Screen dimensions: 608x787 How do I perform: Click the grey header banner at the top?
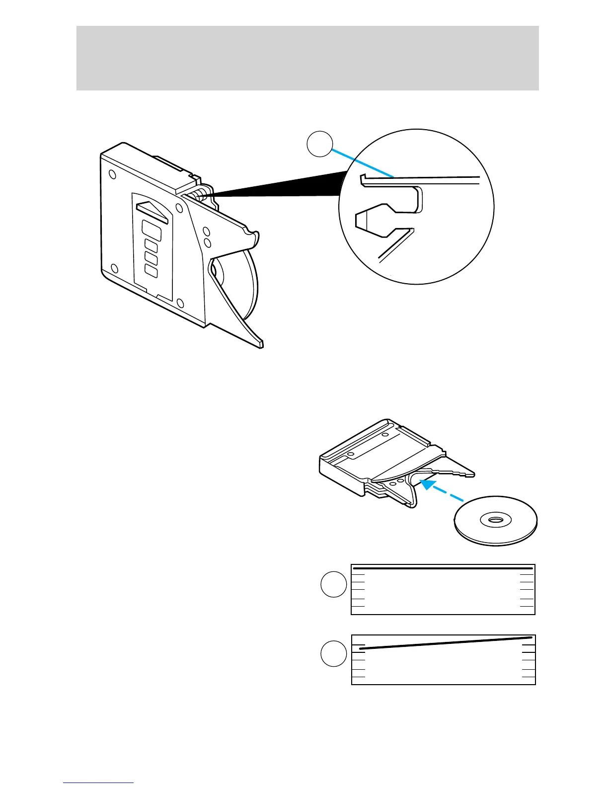[307, 58]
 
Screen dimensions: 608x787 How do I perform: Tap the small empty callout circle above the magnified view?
[319, 144]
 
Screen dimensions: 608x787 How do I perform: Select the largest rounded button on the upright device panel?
[152, 231]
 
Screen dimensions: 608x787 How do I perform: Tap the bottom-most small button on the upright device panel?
[151, 271]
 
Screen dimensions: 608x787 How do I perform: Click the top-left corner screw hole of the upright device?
[112, 174]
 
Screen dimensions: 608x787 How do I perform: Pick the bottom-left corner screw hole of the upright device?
[114, 269]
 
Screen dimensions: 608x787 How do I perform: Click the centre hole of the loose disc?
[495, 520]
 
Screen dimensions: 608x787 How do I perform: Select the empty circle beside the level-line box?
[333, 584]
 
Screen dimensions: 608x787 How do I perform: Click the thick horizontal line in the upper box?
[443, 567]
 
